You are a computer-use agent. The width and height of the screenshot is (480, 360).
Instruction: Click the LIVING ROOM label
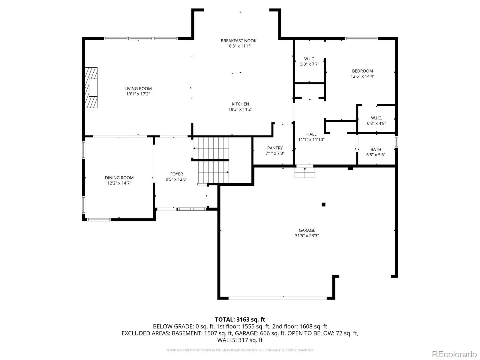138,88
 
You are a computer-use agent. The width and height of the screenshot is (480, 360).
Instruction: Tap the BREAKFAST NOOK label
238,41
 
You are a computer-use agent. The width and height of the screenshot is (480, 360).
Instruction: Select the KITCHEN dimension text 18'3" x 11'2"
240,109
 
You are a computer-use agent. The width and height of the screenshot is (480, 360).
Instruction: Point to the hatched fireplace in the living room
91,88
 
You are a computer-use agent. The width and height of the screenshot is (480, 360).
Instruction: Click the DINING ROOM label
119,178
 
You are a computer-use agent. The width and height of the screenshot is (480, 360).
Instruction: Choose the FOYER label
176,174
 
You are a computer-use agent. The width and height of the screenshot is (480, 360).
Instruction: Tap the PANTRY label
275,148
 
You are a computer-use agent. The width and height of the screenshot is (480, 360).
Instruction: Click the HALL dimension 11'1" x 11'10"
311,139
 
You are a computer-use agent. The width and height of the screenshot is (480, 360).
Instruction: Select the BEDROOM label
362,71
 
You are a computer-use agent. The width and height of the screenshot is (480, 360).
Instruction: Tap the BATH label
376,149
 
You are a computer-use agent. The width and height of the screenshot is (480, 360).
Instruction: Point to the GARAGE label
307,230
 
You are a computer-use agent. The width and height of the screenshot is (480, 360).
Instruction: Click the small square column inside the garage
323,204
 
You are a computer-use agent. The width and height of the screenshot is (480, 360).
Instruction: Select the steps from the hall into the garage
304,172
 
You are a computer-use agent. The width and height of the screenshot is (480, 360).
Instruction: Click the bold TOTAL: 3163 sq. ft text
240,319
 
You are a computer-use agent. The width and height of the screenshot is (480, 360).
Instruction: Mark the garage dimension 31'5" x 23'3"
307,235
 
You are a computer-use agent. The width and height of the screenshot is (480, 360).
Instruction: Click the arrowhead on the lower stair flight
228,172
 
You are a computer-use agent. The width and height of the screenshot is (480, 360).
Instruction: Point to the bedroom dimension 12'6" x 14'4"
363,76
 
